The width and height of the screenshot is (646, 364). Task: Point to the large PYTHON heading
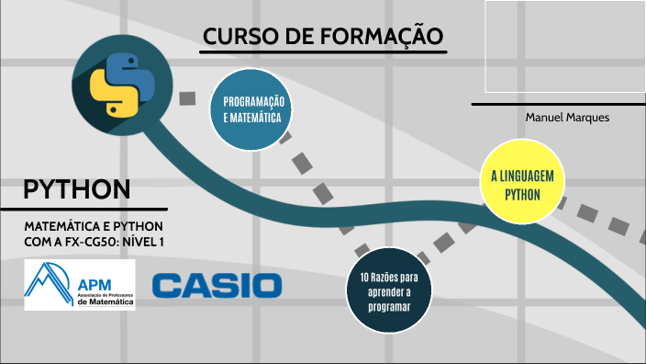pos(76,189)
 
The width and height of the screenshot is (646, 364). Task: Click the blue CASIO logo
pos(217,285)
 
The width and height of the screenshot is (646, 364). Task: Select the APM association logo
pos(80,284)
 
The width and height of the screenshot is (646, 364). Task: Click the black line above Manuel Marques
pos(558,104)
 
